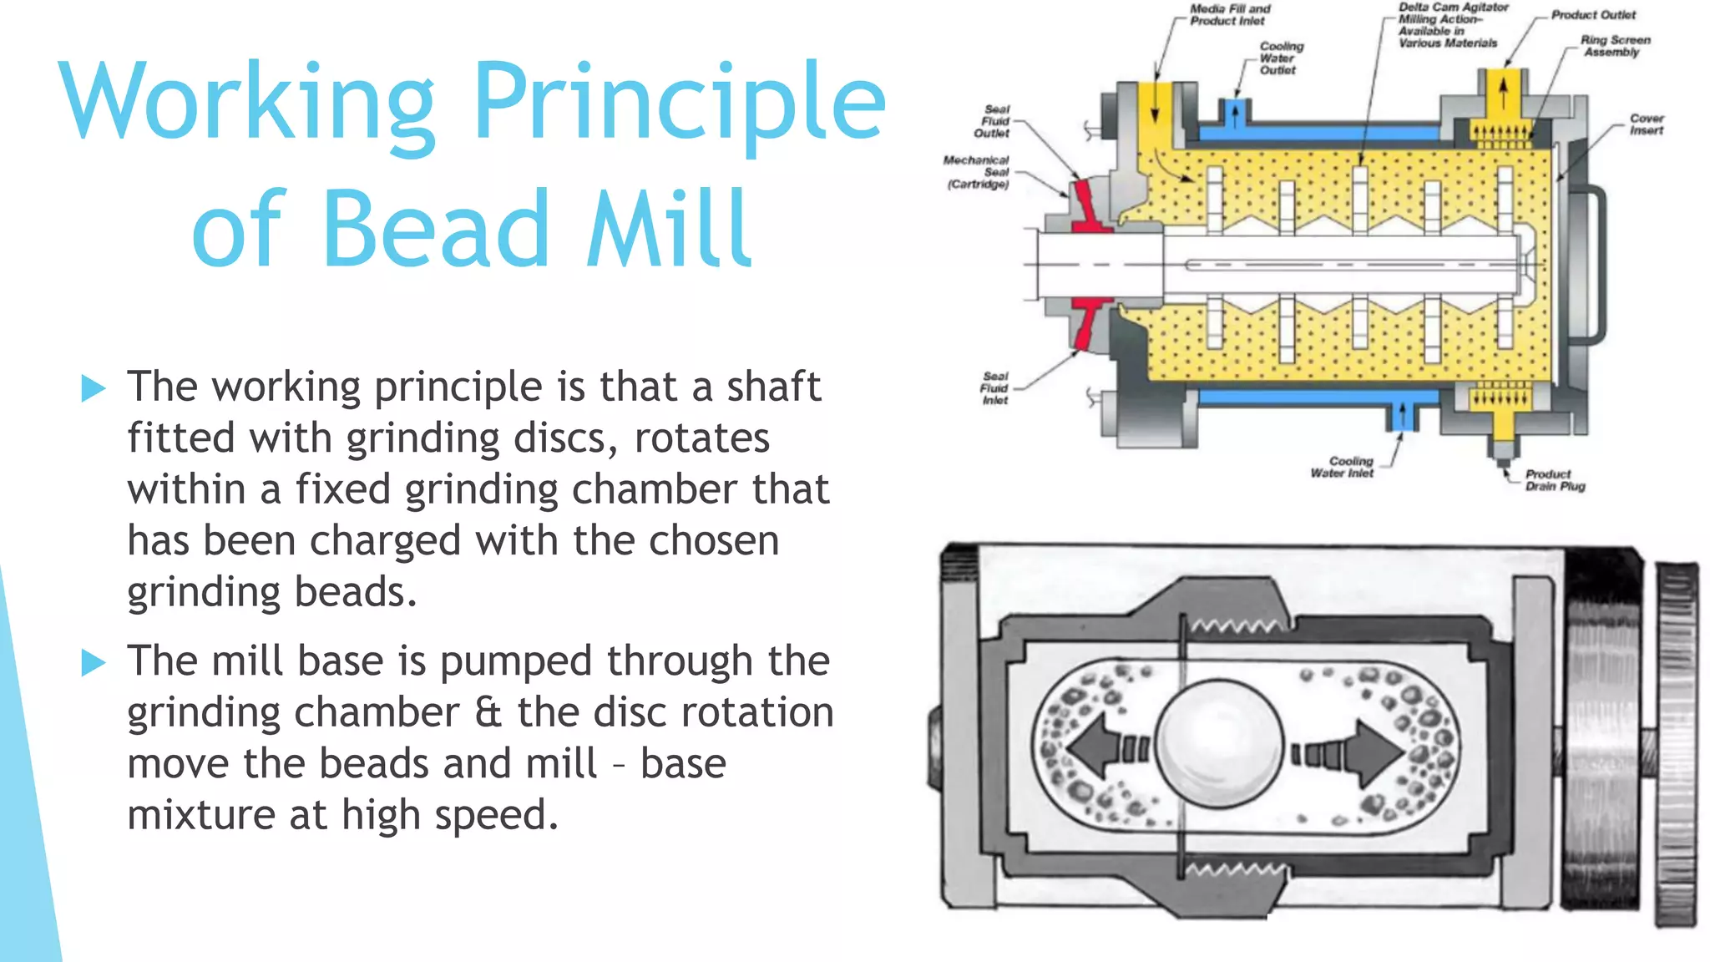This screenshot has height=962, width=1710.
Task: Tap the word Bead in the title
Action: (x=436, y=229)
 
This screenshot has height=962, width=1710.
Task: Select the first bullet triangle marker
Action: (x=94, y=388)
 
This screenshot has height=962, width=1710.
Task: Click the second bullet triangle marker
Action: (x=94, y=663)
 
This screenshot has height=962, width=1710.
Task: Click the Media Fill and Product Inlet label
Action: (x=1229, y=15)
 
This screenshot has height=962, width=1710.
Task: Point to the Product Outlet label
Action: (x=1593, y=15)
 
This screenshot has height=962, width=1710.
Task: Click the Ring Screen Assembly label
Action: (x=1614, y=46)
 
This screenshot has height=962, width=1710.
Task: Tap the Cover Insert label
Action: (x=1646, y=124)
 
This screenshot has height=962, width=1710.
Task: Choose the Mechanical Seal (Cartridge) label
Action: (x=977, y=172)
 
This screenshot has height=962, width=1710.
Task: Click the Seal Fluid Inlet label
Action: (x=994, y=388)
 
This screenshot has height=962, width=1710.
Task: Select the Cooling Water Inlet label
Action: (x=1342, y=467)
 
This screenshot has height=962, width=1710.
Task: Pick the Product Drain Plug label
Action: (x=1554, y=479)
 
